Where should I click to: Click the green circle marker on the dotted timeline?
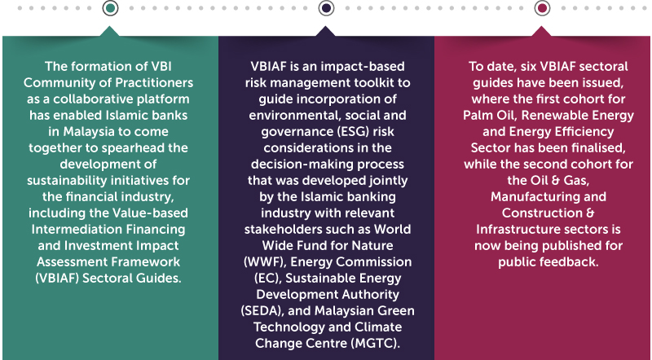(110, 8)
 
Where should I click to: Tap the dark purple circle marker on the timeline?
(326, 8)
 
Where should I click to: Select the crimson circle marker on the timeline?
(542, 8)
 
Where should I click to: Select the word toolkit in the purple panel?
(372, 83)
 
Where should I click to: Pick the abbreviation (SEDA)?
(262, 311)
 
